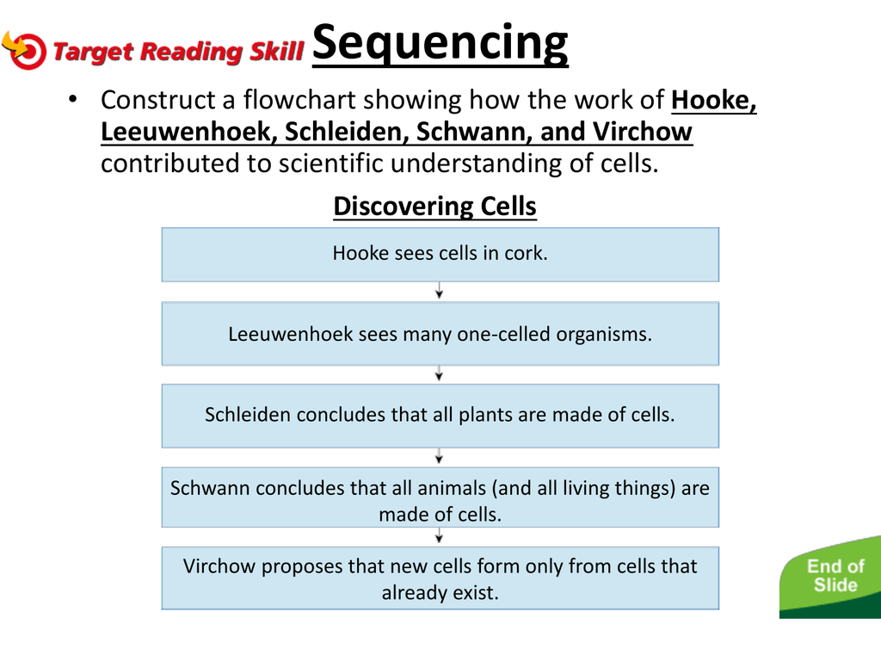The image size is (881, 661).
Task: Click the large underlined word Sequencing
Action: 440,44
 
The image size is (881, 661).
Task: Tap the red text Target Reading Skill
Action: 178,51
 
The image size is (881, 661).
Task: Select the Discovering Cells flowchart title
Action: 434,207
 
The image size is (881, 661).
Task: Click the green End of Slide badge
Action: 834,577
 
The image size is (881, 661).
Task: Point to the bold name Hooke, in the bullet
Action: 713,100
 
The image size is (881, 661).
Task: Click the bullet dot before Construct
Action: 72,100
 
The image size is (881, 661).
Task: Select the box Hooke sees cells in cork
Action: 440,255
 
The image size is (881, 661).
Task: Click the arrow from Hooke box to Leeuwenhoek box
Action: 440,290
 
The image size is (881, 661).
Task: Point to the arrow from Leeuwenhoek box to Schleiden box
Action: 440,374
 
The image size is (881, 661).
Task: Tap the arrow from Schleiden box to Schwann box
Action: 440,456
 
